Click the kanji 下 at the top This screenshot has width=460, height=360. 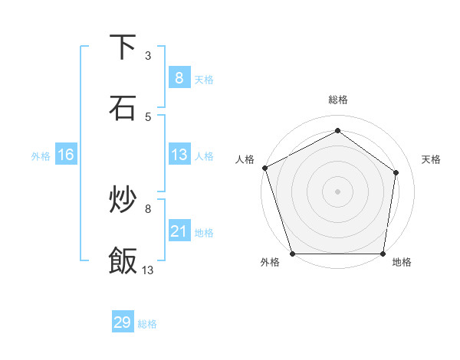[123, 47]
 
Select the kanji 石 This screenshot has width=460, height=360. [123, 108]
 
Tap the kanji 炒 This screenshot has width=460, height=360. [123, 201]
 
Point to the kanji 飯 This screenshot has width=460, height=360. [123, 260]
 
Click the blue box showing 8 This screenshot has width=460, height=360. [179, 77]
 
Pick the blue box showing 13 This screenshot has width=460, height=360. [179, 155]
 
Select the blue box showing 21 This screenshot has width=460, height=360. [179, 231]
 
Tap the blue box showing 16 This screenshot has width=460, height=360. [65, 155]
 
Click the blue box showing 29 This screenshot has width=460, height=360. [123, 322]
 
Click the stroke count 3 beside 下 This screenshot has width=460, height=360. [148, 55]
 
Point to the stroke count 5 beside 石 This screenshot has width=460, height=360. [148, 116]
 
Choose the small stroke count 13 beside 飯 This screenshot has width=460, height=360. [148, 270]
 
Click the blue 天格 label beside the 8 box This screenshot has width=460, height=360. [204, 79]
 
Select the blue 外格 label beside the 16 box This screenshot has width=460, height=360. [41, 156]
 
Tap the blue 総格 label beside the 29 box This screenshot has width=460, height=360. [147, 324]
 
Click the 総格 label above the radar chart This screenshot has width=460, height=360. [337, 100]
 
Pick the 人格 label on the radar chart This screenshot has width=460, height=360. [245, 159]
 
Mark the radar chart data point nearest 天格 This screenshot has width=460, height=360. [396, 172]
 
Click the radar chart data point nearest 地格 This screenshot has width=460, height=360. [383, 254]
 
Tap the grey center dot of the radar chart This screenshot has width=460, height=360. [337, 191]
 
